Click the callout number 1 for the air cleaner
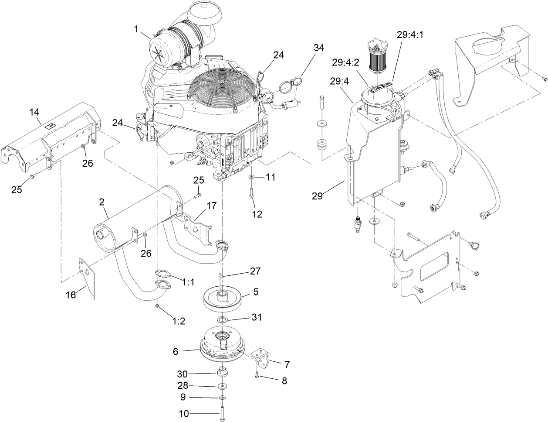pos(136,29)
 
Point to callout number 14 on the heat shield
pos(34,113)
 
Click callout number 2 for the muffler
pos(101,202)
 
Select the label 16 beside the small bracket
pos(71,295)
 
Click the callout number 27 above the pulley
pos(255,271)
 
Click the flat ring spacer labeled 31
pos(223,321)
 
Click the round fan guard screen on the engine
pos(222,87)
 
